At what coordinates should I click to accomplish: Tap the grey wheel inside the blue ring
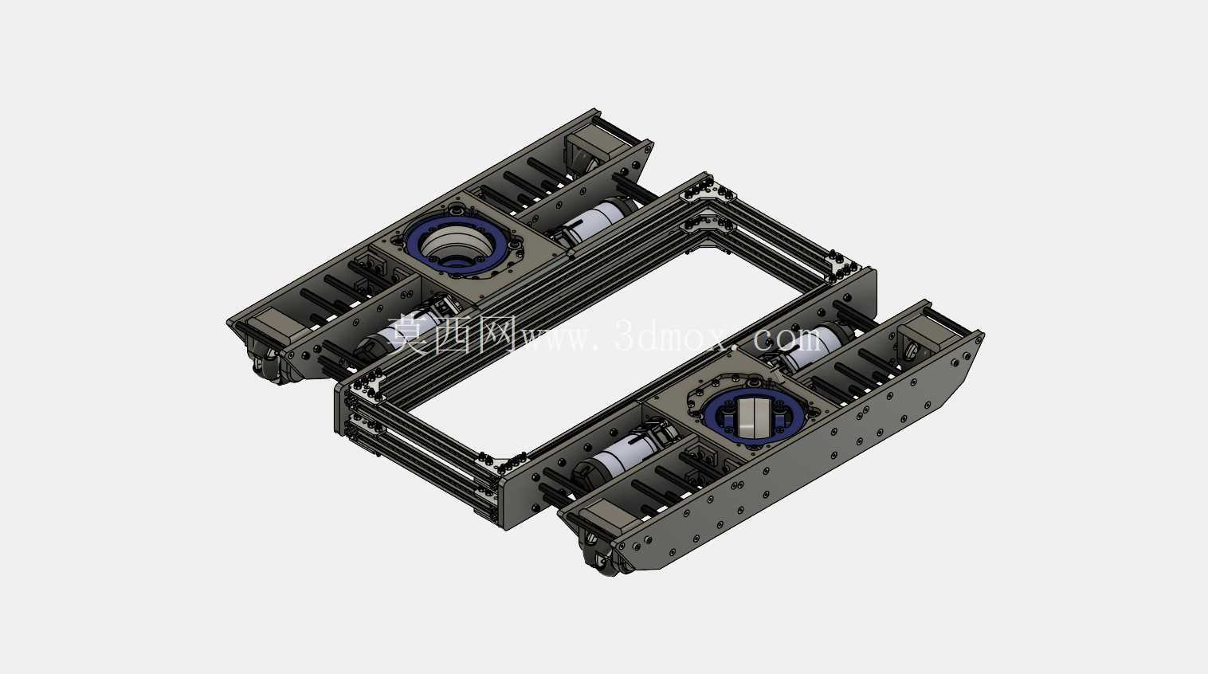(x=753, y=417)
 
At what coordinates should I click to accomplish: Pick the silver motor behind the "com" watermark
(x=814, y=345)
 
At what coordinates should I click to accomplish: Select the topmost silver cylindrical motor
(x=593, y=220)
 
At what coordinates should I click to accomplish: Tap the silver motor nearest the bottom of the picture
(x=620, y=454)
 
